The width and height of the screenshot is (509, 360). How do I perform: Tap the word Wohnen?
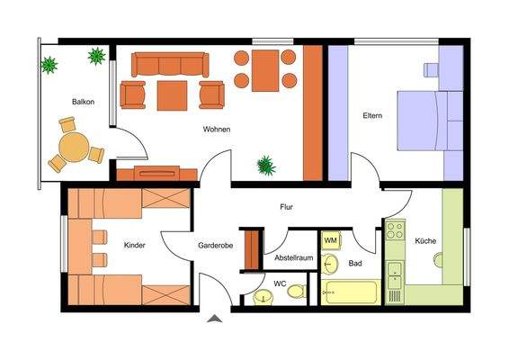click(x=216, y=130)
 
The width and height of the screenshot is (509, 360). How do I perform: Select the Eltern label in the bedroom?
click(x=372, y=115)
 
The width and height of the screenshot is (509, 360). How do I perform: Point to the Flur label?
click(x=286, y=208)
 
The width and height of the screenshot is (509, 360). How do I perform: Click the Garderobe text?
click(x=216, y=245)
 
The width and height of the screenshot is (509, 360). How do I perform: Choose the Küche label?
click(x=425, y=241)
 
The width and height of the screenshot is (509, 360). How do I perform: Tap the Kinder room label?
click(x=135, y=245)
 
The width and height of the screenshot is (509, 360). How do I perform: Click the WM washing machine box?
click(x=330, y=240)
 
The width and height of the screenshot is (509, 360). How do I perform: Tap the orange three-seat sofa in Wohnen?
click(x=171, y=64)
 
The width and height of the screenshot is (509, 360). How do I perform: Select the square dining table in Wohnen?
click(x=265, y=70)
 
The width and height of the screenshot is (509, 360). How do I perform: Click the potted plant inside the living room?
click(x=265, y=165)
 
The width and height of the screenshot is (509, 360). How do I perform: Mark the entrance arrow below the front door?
click(x=214, y=318)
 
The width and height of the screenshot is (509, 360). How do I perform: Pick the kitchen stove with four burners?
click(x=395, y=230)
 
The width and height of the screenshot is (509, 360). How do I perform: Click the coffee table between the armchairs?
click(x=172, y=94)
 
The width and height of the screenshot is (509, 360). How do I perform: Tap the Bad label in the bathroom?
click(x=354, y=264)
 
